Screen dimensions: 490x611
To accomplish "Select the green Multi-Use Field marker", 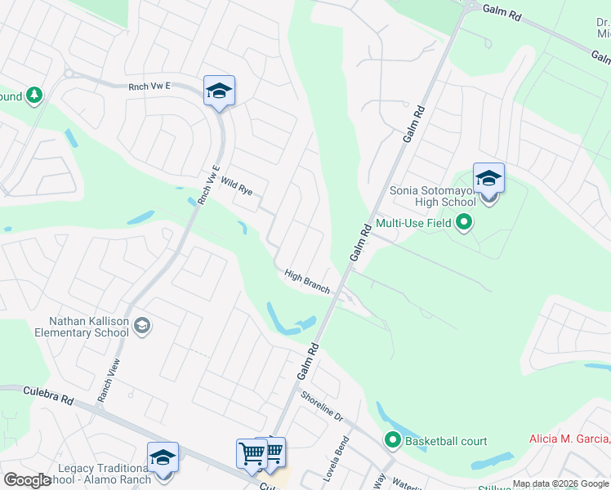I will coord(464,221).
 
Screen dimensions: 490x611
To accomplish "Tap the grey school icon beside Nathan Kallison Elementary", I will coord(141,326).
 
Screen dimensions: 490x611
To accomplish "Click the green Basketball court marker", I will coord(393,441).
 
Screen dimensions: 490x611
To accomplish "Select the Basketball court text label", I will coord(446,441).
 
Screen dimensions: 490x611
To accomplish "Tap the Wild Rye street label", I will coord(236,190).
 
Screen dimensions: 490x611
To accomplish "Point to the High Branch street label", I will coord(307,281).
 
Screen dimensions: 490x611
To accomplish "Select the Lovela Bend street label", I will coord(341,461).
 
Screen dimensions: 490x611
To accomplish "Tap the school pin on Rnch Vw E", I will coord(219,91).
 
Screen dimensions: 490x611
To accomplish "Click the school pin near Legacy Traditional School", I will coord(163,458).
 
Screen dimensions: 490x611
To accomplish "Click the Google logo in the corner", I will coord(28,479).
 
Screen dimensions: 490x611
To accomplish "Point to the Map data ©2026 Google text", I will coord(560,483).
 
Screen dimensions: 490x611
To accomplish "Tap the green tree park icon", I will coord(34,96).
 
